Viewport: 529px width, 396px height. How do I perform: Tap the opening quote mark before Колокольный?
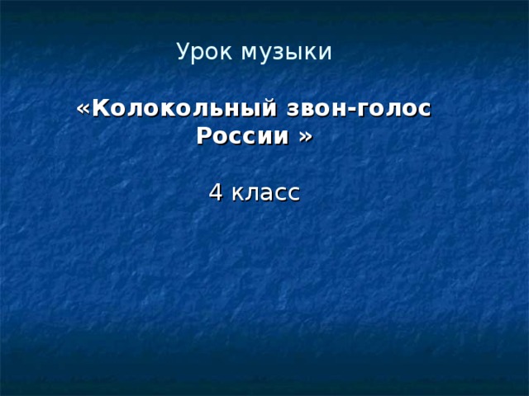click(83, 110)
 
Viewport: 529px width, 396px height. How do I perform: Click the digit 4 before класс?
click(215, 192)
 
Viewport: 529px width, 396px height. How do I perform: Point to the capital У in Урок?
click(183, 52)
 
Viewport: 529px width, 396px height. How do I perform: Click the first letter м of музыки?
click(247, 54)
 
